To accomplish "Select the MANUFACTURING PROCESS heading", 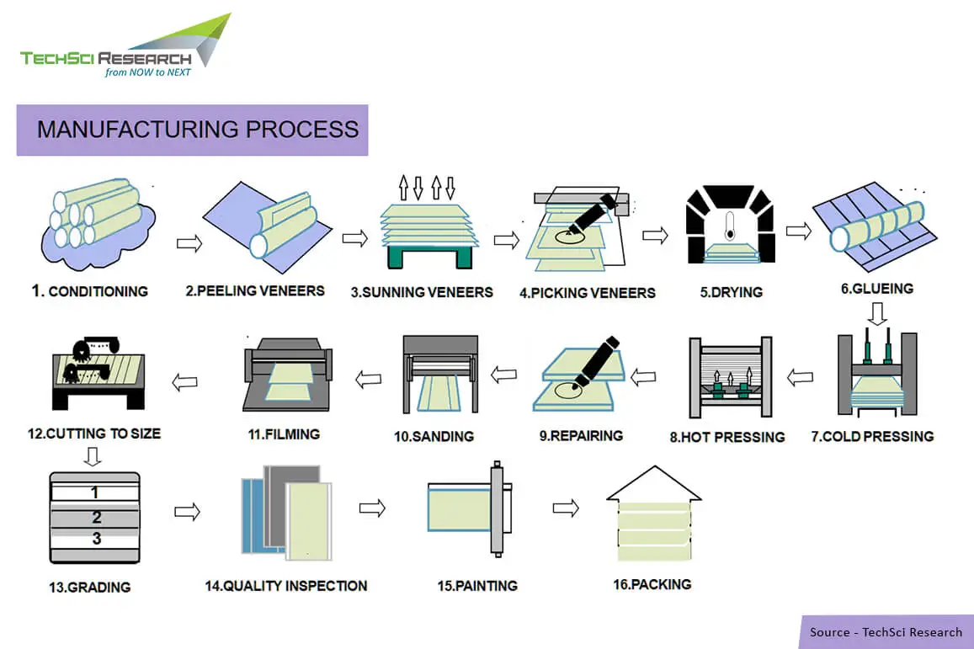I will coord(197,130).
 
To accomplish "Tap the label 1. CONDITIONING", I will coord(90,291).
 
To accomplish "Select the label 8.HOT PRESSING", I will coord(727,437).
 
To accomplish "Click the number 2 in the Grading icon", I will coord(96,517).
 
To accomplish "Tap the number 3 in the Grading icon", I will coord(96,539).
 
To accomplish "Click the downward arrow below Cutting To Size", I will coord(93,456).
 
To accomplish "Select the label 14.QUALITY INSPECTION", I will coord(286,585).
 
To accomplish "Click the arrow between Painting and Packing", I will coord(566,508).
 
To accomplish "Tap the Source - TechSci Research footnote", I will coord(886,632).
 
